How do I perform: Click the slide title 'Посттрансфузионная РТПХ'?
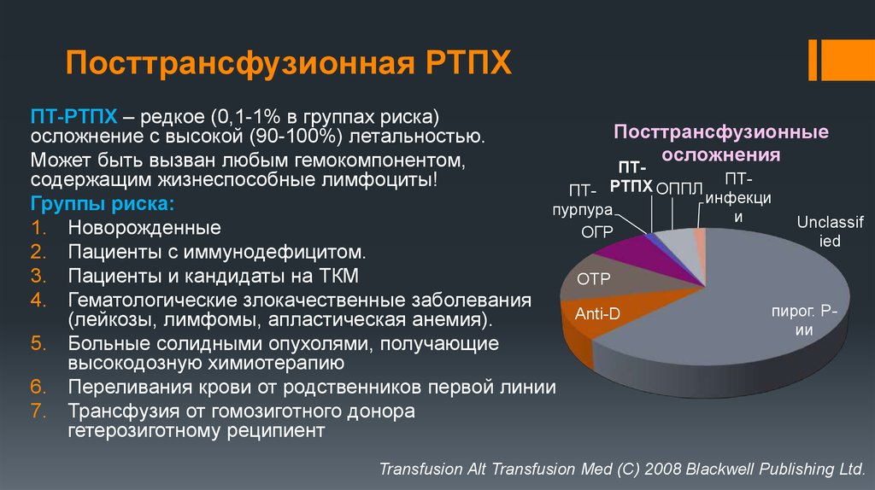pyautogui.click(x=290, y=64)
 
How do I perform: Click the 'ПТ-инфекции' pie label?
pyautogui.click(x=738, y=197)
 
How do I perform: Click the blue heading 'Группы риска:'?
pyautogui.click(x=103, y=205)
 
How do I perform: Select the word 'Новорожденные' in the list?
pyautogui.click(x=144, y=229)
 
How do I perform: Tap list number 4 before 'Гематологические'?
pyautogui.click(x=38, y=300)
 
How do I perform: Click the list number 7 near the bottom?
pyautogui.click(x=38, y=411)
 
